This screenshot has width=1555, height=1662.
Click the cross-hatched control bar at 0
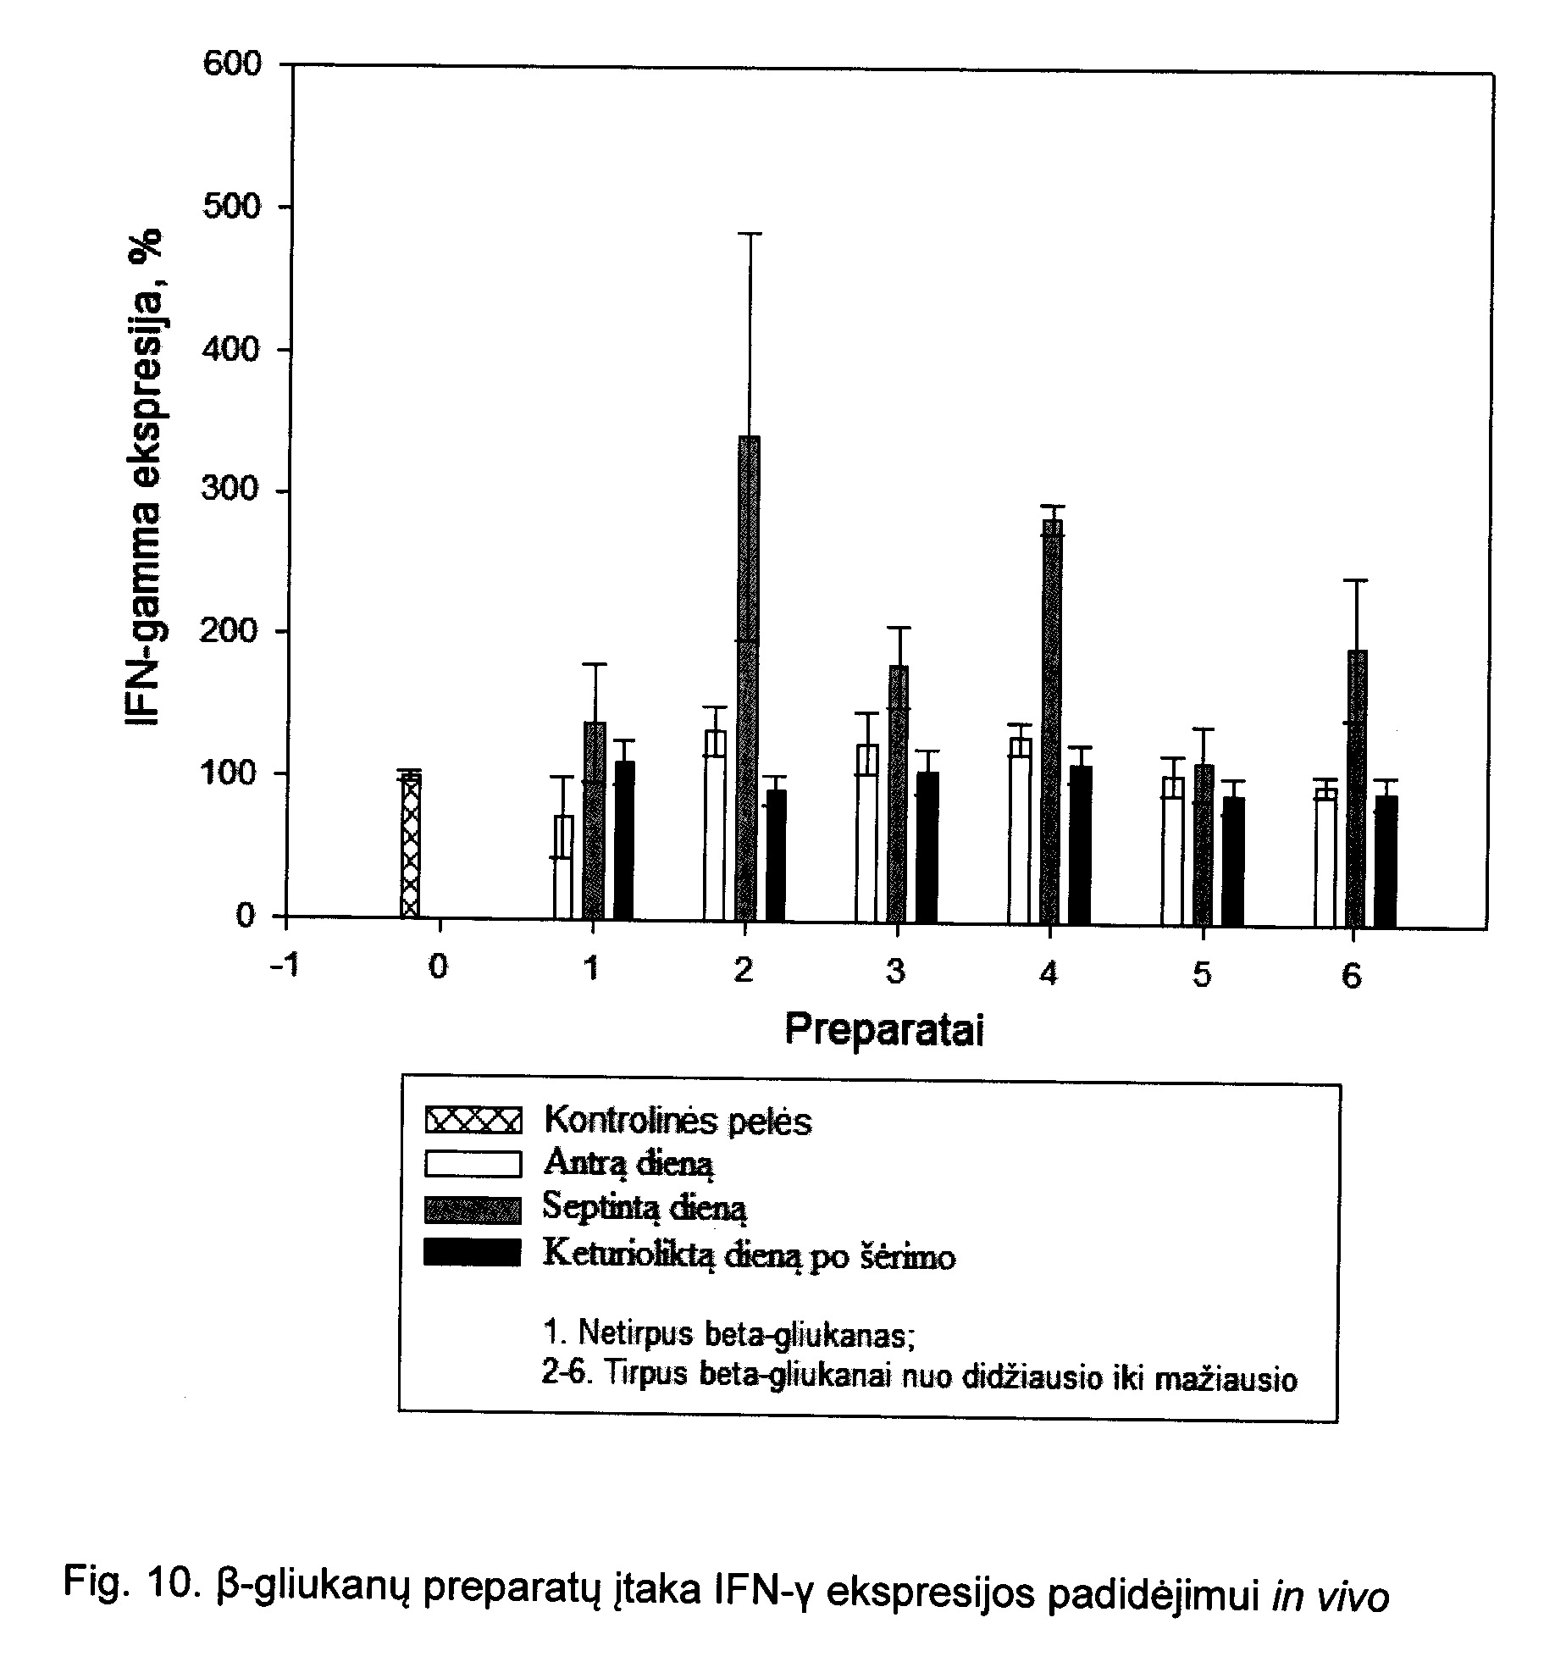[x=410, y=845]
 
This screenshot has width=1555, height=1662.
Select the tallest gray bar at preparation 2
[x=749, y=677]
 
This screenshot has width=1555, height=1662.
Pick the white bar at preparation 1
[x=563, y=866]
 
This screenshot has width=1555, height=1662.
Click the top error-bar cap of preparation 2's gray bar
[x=749, y=233]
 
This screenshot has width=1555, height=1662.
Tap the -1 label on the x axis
[x=285, y=966]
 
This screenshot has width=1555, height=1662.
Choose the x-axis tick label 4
[x=1049, y=974]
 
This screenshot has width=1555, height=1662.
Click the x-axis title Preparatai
[x=884, y=1030]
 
